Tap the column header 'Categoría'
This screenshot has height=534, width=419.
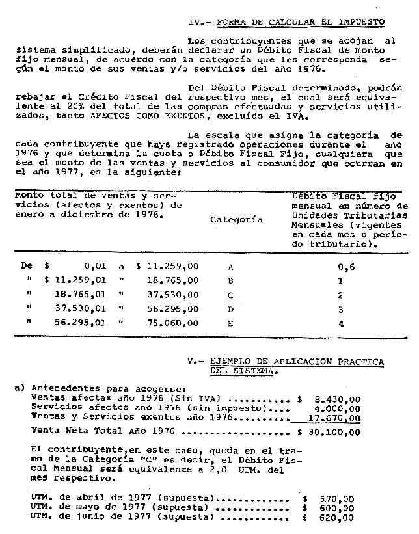coord(237,220)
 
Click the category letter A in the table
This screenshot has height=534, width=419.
coord(230,267)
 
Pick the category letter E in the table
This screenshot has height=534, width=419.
coord(230,321)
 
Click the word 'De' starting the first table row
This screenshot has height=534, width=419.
coord(26,267)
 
